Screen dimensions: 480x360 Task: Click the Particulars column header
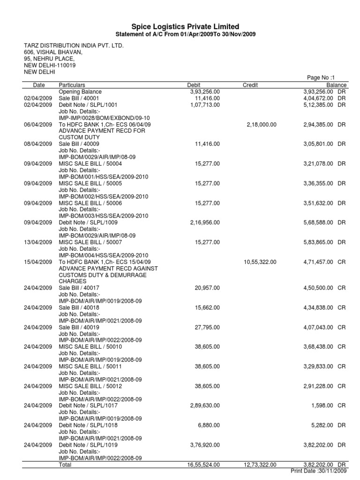(x=72, y=85)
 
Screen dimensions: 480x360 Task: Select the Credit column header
(x=250, y=85)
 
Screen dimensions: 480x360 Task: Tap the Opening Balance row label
(x=80, y=92)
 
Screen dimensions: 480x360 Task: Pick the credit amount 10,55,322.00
(x=260, y=262)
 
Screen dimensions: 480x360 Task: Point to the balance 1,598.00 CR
(x=328, y=405)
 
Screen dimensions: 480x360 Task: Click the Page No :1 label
(x=321, y=78)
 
